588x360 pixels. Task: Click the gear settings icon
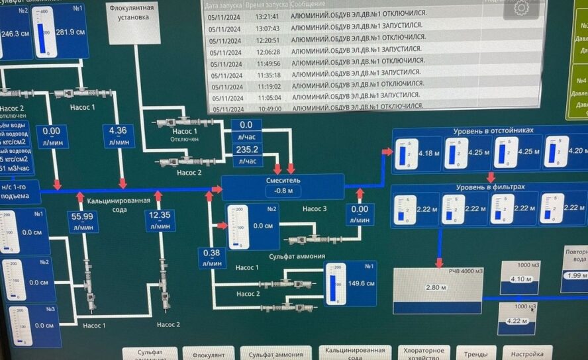(x=521, y=9)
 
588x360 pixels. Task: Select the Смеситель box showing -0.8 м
(x=283, y=186)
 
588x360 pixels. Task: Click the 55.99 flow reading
(x=82, y=216)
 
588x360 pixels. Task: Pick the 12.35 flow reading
(x=160, y=216)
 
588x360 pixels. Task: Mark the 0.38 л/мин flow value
(x=212, y=253)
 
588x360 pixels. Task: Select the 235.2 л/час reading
(x=246, y=150)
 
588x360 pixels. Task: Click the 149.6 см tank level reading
(x=361, y=283)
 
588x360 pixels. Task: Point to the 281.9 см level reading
(x=69, y=32)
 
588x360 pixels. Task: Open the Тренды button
(x=476, y=353)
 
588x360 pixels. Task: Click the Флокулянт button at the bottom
(x=209, y=355)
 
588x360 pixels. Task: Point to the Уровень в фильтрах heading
(x=490, y=187)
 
